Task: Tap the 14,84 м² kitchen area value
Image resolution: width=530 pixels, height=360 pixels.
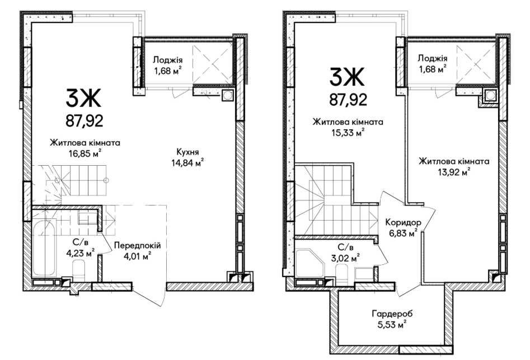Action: pyautogui.click(x=187, y=163)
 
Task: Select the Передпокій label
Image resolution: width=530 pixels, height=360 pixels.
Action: pyautogui.click(x=137, y=245)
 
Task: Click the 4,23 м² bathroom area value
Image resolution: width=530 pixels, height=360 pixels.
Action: pyautogui.click(x=80, y=253)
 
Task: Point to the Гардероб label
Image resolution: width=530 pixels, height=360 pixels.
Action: pyautogui.click(x=392, y=314)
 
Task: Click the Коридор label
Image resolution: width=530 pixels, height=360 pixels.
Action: pyautogui.click(x=404, y=222)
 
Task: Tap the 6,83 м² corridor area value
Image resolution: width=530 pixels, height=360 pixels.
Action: pyautogui.click(x=404, y=233)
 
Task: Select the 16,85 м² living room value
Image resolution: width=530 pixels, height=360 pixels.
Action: pyautogui.click(x=85, y=154)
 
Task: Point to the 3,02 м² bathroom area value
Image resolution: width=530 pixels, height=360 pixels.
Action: pyautogui.click(x=344, y=259)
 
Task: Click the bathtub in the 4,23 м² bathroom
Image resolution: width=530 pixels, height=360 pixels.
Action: pyautogui.click(x=45, y=247)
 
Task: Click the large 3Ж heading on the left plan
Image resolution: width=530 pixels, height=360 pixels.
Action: pyautogui.click(x=83, y=97)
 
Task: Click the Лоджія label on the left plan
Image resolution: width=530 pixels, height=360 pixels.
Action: pyautogui.click(x=168, y=60)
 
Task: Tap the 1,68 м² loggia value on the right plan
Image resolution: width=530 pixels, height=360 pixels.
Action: pyautogui.click(x=433, y=69)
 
